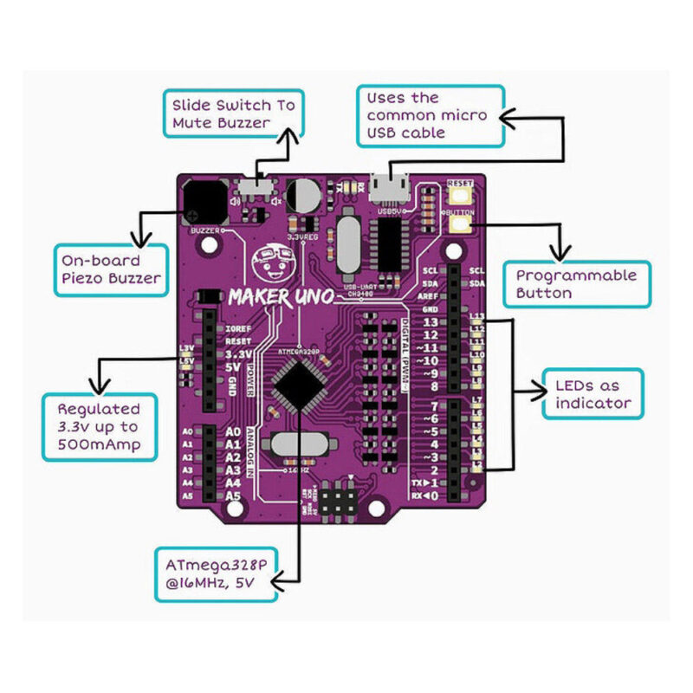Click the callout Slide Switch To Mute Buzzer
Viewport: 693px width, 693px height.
(x=233, y=113)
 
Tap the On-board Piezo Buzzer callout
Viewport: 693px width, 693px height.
(x=108, y=269)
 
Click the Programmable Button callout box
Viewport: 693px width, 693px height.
(x=576, y=284)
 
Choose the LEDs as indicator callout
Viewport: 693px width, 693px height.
(x=593, y=394)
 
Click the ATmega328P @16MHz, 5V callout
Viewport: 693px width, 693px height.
(x=215, y=573)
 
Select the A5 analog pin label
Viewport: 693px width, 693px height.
(x=232, y=497)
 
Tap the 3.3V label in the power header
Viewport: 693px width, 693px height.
(x=237, y=355)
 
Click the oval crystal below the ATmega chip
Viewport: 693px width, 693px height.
(x=295, y=449)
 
